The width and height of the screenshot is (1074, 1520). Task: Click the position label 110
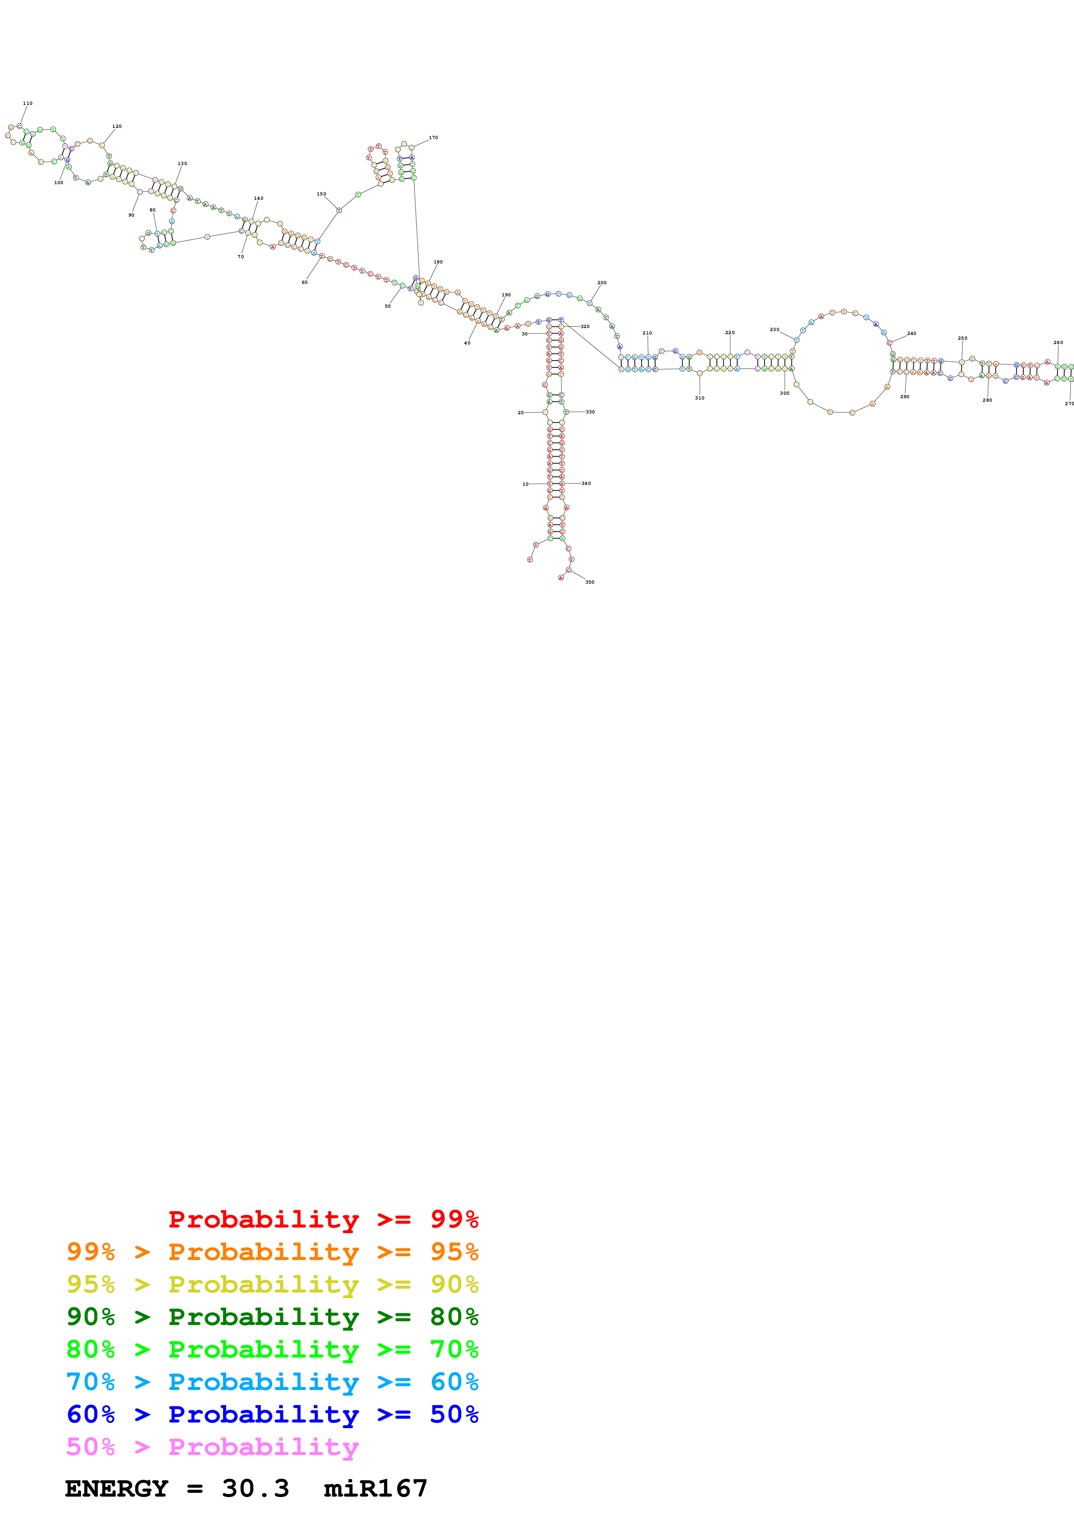pos(28,103)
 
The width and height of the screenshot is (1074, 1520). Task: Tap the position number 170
pos(433,138)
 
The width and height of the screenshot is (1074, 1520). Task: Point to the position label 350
pos(590,582)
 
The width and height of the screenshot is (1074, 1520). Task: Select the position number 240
pos(912,334)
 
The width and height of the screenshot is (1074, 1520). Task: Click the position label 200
pos(601,283)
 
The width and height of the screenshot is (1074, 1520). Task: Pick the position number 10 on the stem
pos(526,484)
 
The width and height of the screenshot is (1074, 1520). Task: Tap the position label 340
pos(586,483)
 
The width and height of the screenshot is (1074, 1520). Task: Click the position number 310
pos(699,398)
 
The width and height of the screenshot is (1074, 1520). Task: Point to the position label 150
pos(321,194)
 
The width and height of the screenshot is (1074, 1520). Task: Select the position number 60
pos(305,282)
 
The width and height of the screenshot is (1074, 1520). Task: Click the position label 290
pos(905,396)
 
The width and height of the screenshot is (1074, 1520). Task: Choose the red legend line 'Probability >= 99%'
pos(323,1219)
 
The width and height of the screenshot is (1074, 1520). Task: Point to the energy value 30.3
pos(256,1489)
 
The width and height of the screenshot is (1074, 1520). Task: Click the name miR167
pos(375,1489)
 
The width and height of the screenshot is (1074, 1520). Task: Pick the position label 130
pos(182,163)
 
